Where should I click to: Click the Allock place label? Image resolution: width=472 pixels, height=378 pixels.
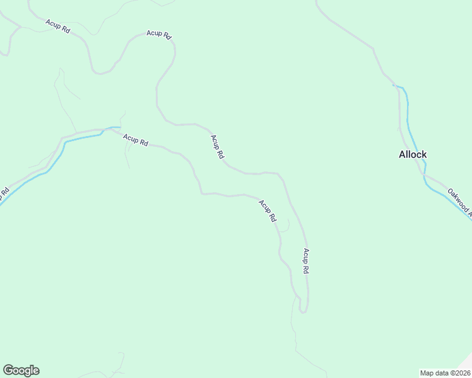pyautogui.click(x=413, y=154)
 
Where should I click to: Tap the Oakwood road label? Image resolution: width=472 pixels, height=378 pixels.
pyautogui.click(x=459, y=201)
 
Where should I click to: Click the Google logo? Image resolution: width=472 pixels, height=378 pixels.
pyautogui.click(x=21, y=370)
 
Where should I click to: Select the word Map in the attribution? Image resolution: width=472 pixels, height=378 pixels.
pyautogui.click(x=427, y=372)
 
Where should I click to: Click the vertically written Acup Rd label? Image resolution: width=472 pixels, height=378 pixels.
pyautogui.click(x=305, y=261)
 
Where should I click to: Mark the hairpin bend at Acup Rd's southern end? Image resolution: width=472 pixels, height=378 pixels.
pyautogui.click(x=304, y=311)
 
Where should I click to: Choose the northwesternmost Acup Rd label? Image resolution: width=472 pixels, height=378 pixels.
pyautogui.click(x=57, y=26)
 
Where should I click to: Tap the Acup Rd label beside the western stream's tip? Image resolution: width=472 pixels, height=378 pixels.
pyautogui.click(x=135, y=140)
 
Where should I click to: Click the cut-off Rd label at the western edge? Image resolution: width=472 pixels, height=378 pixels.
pyautogui.click(x=5, y=192)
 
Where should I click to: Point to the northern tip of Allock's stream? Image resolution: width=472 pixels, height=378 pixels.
pyautogui.click(x=394, y=85)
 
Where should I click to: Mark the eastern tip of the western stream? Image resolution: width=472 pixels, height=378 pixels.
pyautogui.click(x=119, y=127)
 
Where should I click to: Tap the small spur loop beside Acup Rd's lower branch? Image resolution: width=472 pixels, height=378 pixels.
pyautogui.click(x=286, y=226)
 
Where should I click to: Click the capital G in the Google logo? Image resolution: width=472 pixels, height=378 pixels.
pyautogui.click(x=8, y=370)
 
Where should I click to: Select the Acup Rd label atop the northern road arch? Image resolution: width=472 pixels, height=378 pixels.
pyautogui.click(x=159, y=35)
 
